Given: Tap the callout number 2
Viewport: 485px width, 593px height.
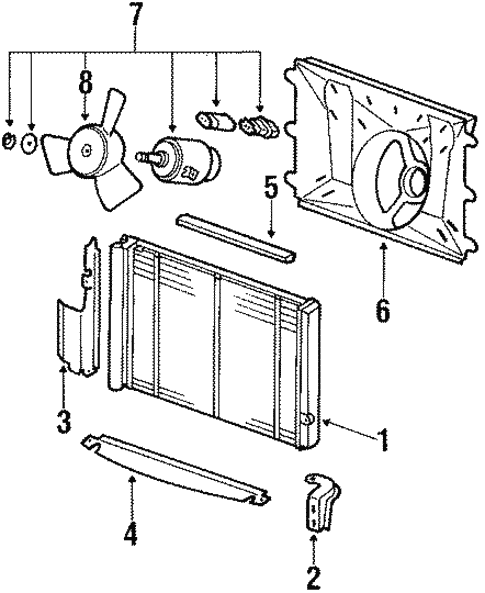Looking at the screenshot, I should coord(314,576).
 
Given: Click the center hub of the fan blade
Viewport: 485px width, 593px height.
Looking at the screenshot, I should coord(88,151).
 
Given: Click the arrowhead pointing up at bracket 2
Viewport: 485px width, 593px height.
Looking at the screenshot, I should coord(314,538).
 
